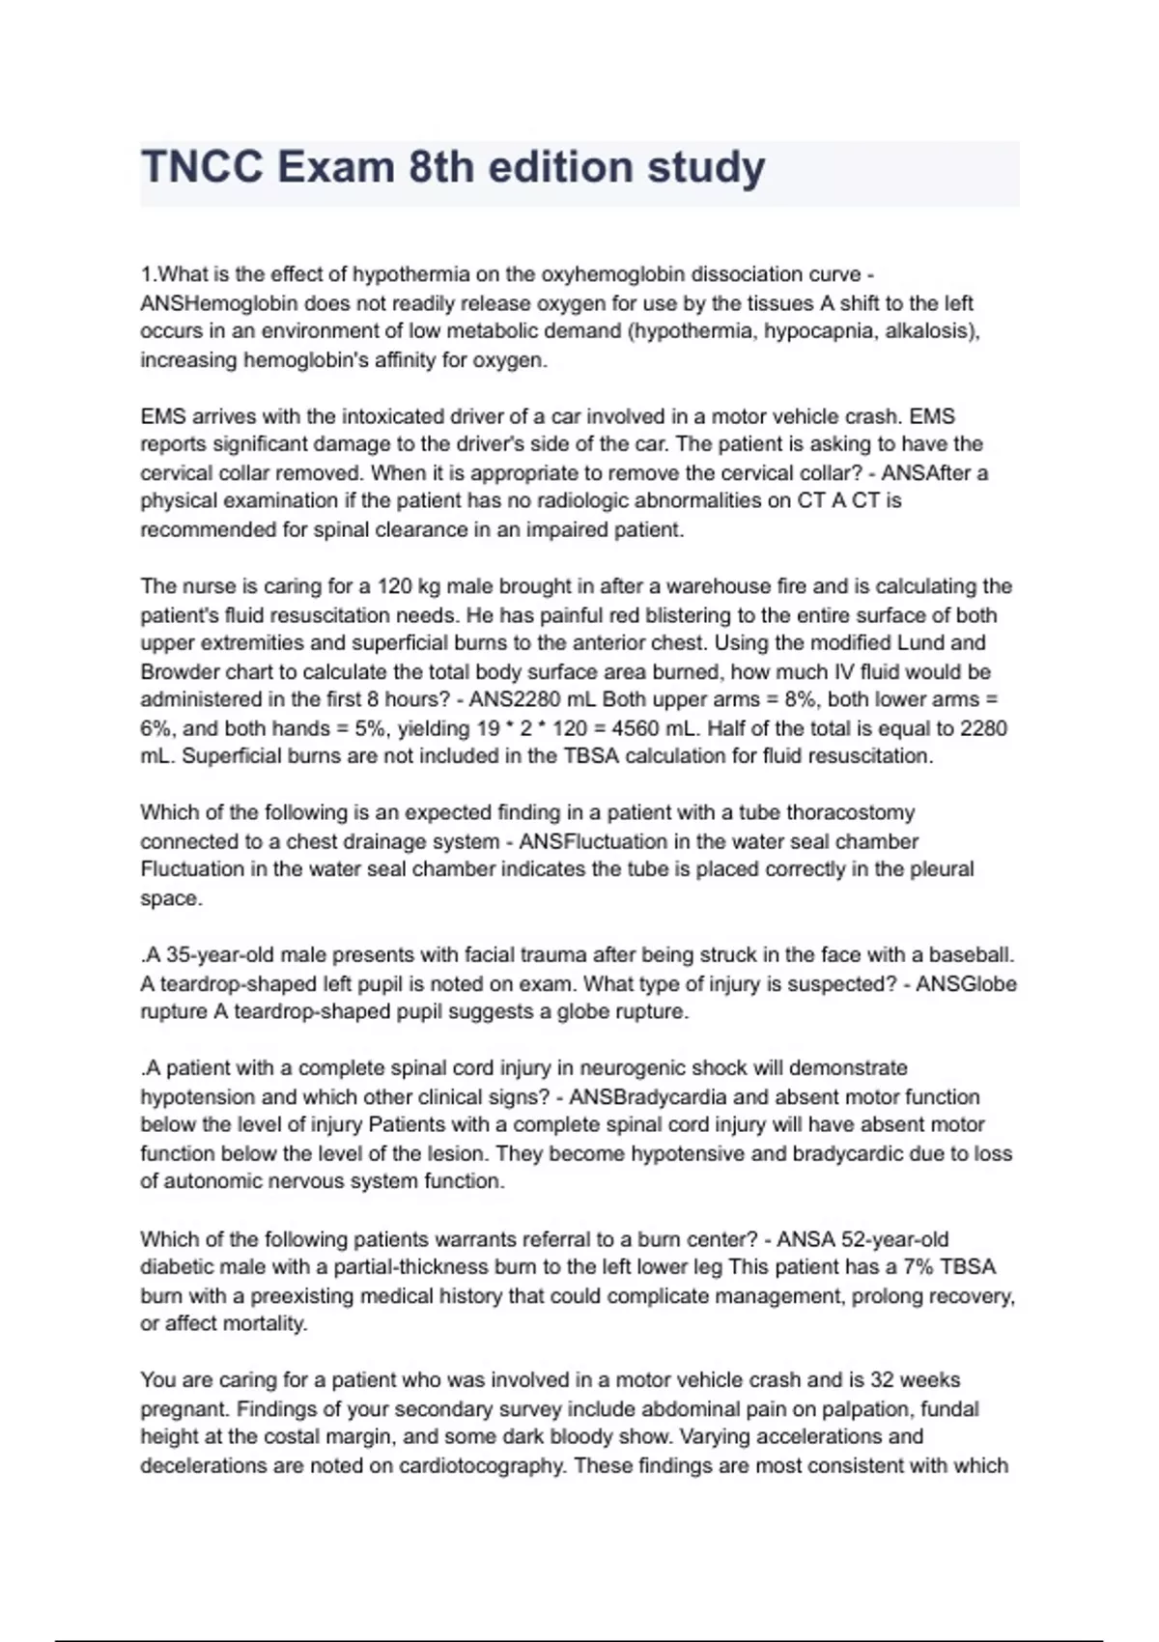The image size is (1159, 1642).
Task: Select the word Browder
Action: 177,671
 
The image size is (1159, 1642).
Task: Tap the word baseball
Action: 972,955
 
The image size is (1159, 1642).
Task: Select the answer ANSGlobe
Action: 966,984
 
